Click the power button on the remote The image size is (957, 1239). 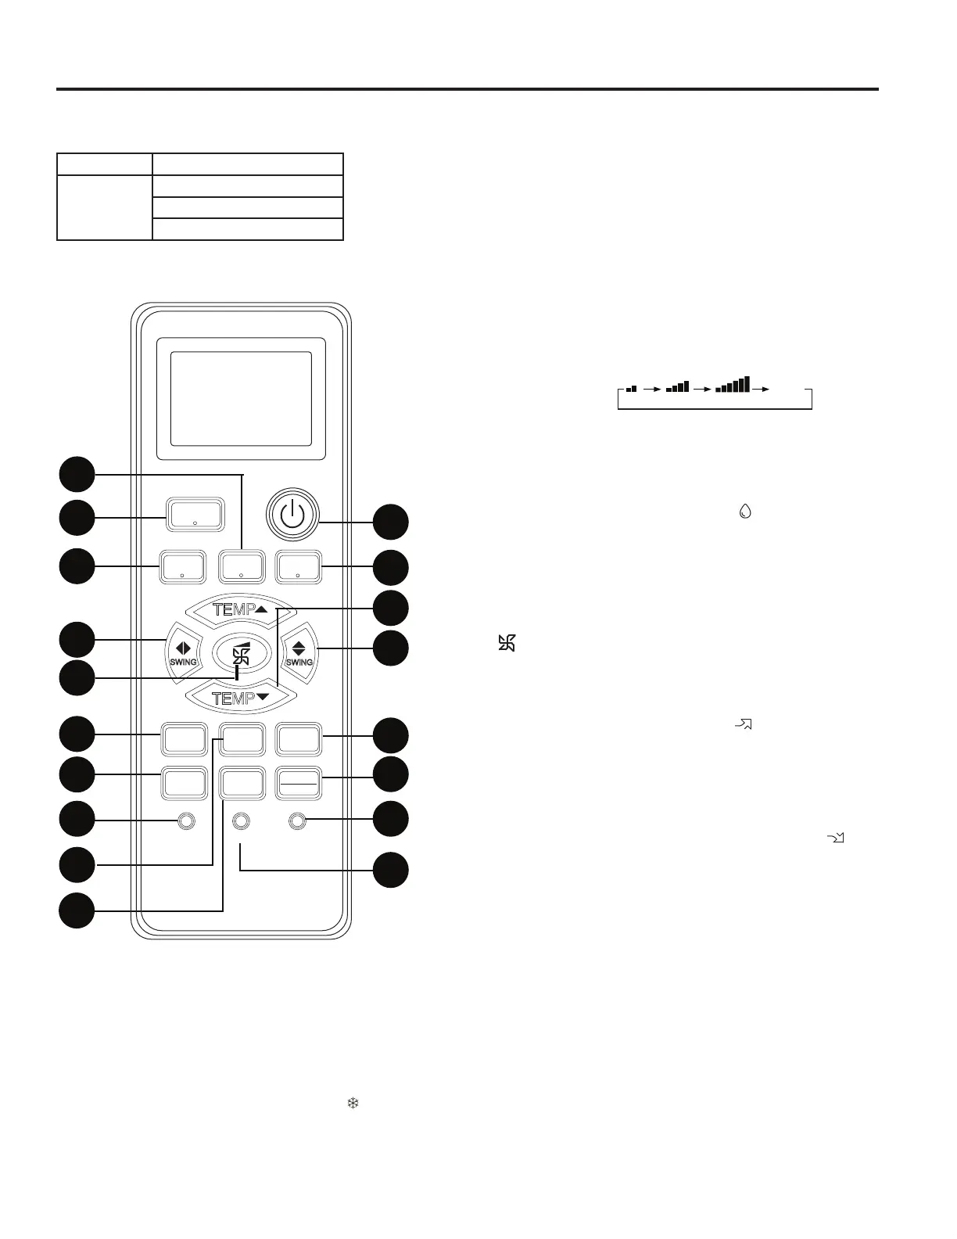(x=292, y=515)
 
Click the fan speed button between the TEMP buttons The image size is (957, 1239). (x=241, y=654)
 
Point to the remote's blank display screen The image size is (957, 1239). (x=241, y=398)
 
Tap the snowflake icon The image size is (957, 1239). (x=353, y=1104)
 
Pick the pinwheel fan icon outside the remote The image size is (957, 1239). (x=507, y=644)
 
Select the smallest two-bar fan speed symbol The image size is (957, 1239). (x=632, y=388)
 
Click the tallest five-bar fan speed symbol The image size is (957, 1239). (x=733, y=384)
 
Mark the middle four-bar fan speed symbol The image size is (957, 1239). (x=677, y=386)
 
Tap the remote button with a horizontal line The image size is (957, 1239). (x=299, y=783)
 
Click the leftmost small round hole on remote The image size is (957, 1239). (x=186, y=821)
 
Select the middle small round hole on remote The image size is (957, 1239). (x=241, y=821)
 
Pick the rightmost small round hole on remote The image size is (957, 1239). (x=297, y=821)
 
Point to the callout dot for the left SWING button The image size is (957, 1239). (x=77, y=640)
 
